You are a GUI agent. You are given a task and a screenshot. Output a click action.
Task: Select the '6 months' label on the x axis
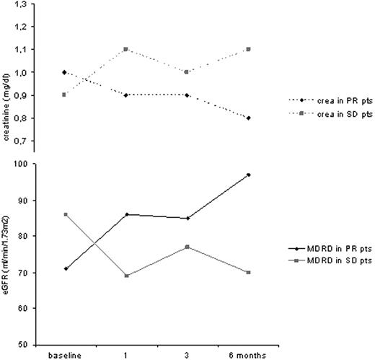click(x=228, y=354)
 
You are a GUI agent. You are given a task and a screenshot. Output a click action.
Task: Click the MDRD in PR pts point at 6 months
click(x=228, y=175)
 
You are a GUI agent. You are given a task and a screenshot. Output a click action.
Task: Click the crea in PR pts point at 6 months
click(x=228, y=118)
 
